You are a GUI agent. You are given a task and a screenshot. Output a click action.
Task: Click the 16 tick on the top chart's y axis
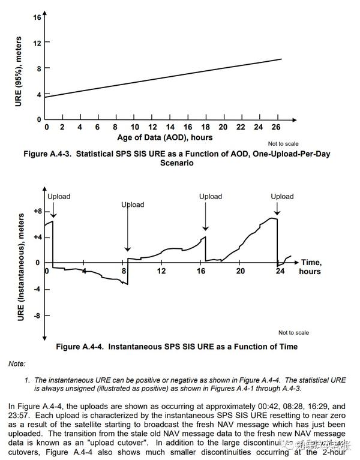coord(37,17)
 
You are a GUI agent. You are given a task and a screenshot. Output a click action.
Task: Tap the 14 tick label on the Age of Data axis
coord(152,128)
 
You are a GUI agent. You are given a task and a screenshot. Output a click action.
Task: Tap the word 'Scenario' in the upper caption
coord(177,163)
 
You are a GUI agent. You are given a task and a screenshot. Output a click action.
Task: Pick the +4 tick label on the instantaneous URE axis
coord(37,237)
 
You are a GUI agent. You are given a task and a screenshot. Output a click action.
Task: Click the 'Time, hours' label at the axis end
coord(311,267)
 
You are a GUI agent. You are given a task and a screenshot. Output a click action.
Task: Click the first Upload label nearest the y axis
coord(59,197)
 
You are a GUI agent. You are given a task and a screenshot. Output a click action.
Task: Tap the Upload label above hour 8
coord(133,205)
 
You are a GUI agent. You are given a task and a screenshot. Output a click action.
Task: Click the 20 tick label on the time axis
coord(240,271)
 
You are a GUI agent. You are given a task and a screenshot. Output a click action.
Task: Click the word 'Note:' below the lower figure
coord(17,364)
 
